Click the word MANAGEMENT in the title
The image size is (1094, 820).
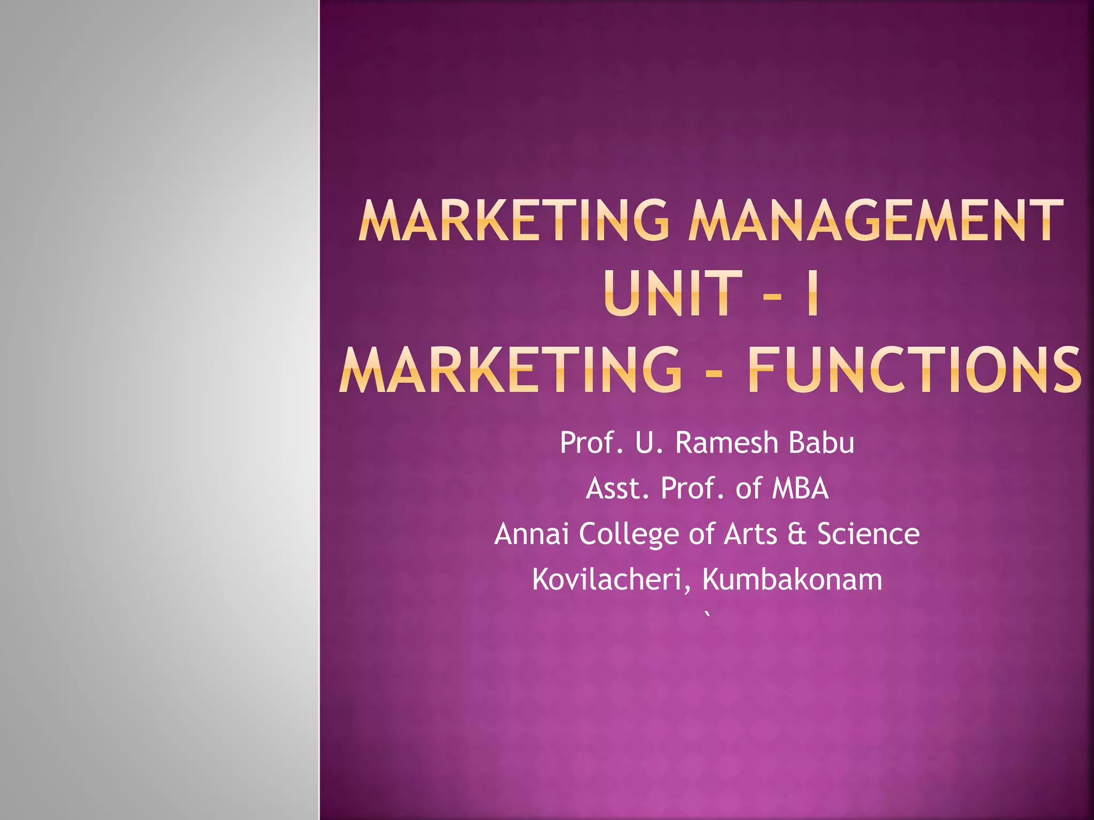pos(876,220)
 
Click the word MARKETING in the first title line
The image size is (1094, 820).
pos(513,220)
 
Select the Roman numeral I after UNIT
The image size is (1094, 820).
pos(812,293)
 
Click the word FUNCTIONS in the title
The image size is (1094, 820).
pos(915,369)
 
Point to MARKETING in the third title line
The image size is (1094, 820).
pos(511,369)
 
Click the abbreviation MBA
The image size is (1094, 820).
pos(800,488)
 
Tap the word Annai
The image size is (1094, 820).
pos(532,533)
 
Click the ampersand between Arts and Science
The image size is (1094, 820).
pos(796,534)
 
